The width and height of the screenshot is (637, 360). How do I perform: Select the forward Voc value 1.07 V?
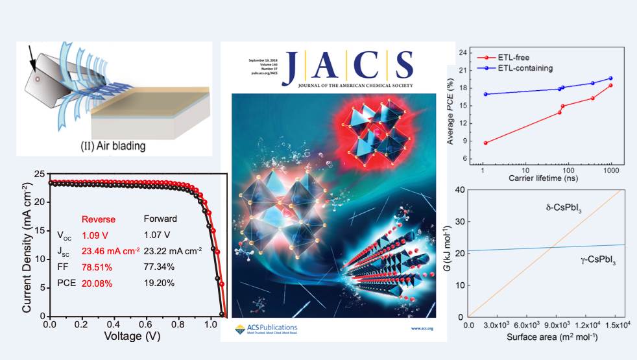157,232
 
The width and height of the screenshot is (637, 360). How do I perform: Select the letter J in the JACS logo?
292,67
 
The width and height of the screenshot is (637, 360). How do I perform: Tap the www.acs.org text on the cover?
422,329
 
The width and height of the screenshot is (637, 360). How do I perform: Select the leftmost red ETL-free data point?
485,143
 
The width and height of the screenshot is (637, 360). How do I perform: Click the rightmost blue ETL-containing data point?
610,78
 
